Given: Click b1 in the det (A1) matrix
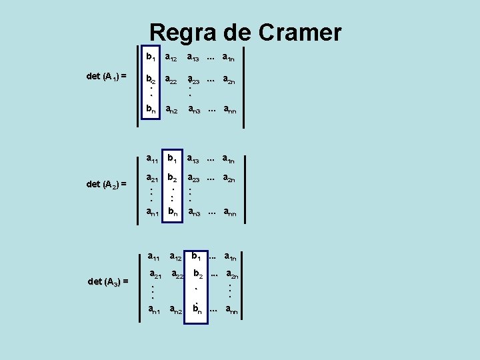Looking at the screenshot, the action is pyautogui.click(x=152, y=57).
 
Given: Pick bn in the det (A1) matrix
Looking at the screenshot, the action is pyautogui.click(x=153, y=109).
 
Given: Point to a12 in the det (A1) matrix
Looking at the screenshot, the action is pyautogui.click(x=175, y=57).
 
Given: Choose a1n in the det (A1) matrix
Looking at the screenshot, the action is pyautogui.click(x=230, y=57).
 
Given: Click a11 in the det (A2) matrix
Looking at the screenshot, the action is pyautogui.click(x=153, y=159).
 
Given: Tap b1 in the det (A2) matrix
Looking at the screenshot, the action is pyautogui.click(x=173, y=159).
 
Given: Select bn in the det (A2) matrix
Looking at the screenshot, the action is pyautogui.click(x=173, y=212).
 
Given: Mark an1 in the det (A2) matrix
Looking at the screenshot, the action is pyautogui.click(x=154, y=212).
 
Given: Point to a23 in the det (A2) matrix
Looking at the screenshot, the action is pyautogui.click(x=195, y=179).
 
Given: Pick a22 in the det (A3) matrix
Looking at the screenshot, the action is pyautogui.click(x=177, y=274).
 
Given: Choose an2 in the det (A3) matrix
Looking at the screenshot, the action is pyautogui.click(x=177, y=309).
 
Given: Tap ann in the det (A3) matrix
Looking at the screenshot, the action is pyautogui.click(x=232, y=309).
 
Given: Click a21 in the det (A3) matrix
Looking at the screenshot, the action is pyautogui.click(x=155, y=274).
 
